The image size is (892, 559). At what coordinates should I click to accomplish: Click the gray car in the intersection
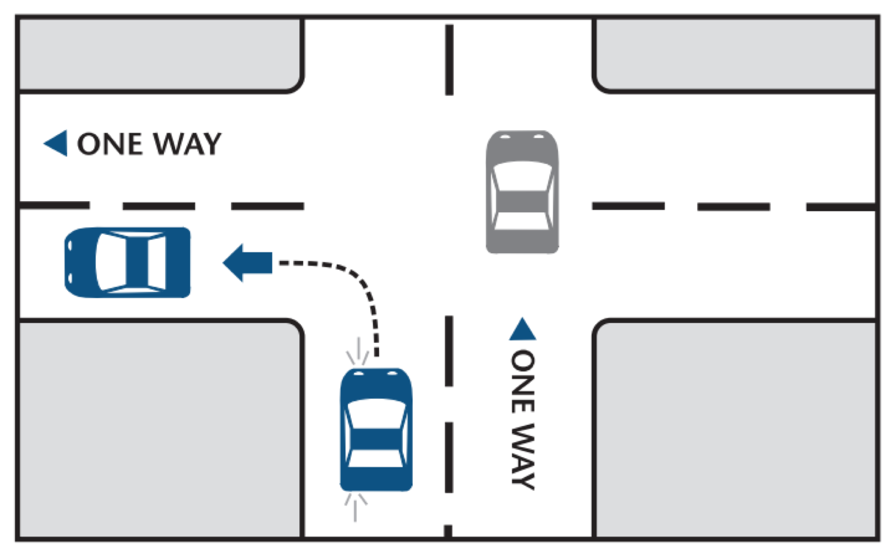point(522,192)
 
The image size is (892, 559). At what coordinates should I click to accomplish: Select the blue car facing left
point(128,262)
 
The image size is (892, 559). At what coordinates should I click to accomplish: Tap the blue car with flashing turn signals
point(376,430)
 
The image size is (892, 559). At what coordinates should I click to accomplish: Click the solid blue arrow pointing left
point(247,263)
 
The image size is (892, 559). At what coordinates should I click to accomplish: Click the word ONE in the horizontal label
point(110,144)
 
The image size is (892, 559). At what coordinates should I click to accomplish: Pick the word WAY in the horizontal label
point(187,144)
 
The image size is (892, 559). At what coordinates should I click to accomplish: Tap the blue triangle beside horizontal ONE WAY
point(55,143)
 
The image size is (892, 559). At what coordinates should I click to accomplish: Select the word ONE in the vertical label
point(523,381)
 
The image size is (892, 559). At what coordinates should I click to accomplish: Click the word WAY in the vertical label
point(523,456)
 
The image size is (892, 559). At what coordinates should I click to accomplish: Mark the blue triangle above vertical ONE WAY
point(522,329)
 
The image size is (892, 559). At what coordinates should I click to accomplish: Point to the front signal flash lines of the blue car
point(357,351)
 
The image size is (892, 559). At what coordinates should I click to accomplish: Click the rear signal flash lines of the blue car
point(355,507)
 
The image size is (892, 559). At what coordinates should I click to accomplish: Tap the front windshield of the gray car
point(522,175)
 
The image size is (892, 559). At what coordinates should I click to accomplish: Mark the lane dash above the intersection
point(449,60)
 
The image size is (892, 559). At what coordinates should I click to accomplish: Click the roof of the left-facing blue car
point(137,262)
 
